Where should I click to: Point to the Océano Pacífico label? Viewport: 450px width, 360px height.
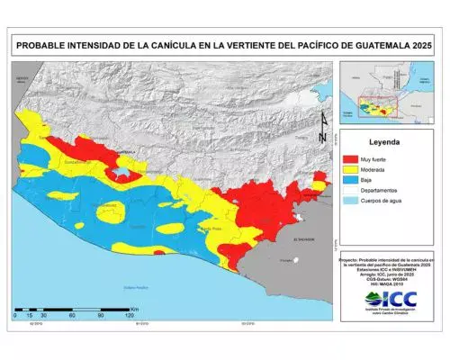(x=135, y=286)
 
